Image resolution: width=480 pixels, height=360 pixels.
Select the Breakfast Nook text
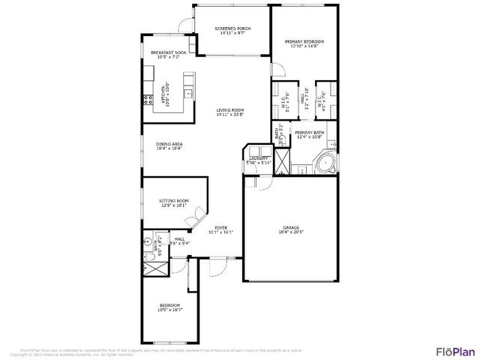coord(168,53)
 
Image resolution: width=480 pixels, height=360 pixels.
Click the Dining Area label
coord(169,144)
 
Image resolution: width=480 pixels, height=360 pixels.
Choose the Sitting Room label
coord(173,201)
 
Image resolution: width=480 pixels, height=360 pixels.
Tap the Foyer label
coord(220,227)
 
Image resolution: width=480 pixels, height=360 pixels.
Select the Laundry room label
coord(259,158)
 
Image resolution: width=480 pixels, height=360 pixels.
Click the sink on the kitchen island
coord(190,94)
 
